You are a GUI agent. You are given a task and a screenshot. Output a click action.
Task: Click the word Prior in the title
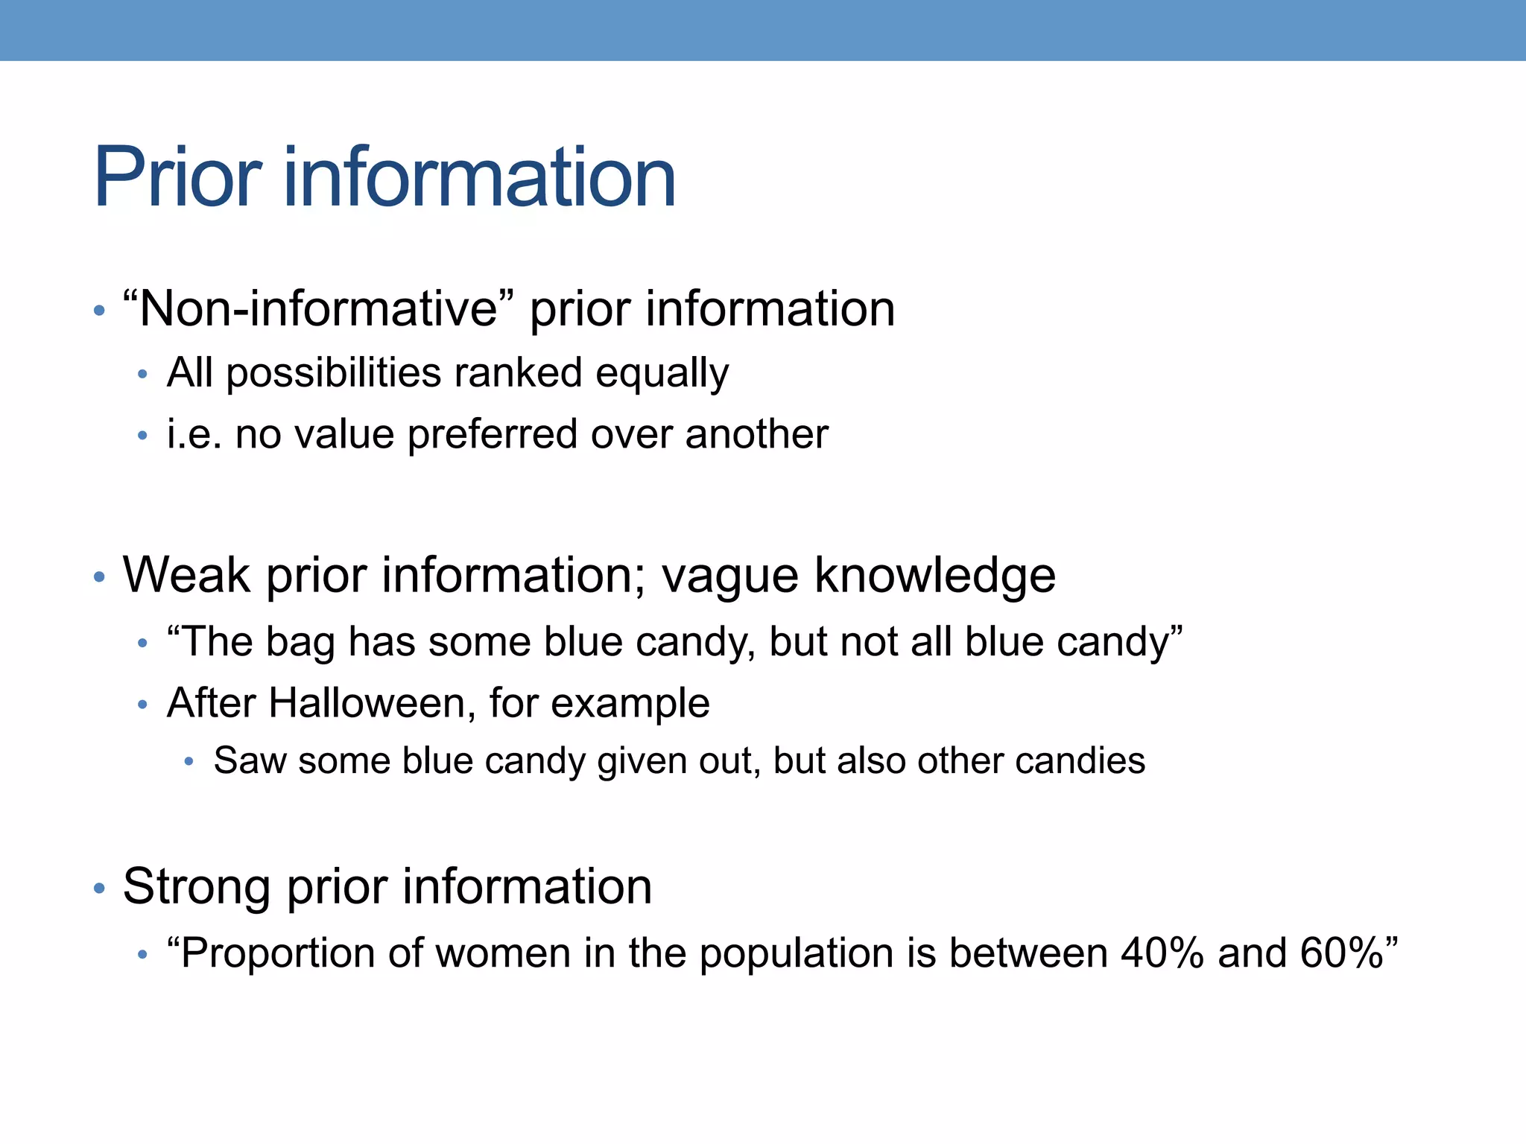[x=177, y=178]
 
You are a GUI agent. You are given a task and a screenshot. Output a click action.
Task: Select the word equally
[x=662, y=373]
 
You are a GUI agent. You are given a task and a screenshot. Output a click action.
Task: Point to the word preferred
[x=493, y=436]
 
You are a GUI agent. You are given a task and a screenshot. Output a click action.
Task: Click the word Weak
[x=186, y=575]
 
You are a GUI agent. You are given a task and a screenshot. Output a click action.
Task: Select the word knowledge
[x=935, y=575]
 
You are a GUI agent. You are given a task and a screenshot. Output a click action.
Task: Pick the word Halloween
[x=367, y=703]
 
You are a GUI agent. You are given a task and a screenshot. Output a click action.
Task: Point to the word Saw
[x=250, y=761]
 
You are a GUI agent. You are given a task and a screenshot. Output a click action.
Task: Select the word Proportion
[x=277, y=954]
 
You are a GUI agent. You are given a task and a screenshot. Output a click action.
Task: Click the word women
[x=503, y=953]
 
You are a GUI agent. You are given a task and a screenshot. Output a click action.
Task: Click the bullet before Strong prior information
[x=99, y=888]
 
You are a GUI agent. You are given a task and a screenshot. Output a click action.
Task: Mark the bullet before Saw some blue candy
[x=189, y=761]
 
